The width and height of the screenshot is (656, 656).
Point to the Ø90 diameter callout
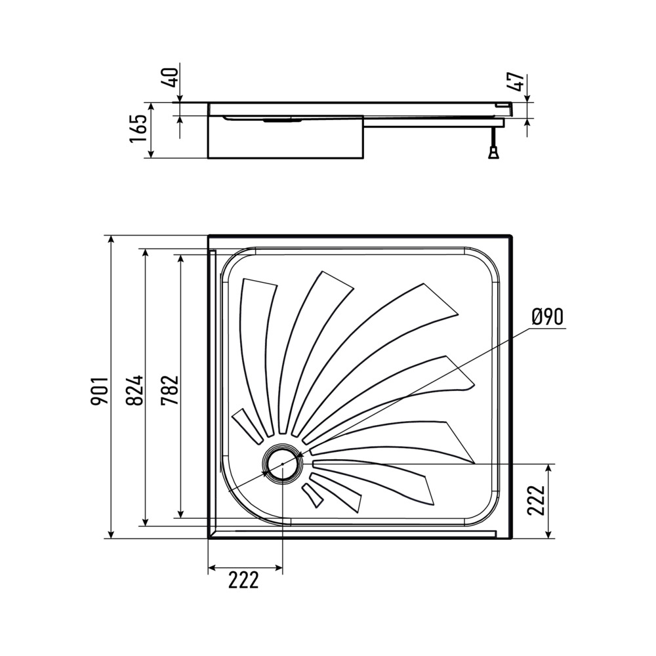coord(548,316)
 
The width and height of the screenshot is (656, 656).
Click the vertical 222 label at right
coord(536,501)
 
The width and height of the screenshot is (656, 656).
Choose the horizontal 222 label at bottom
coord(243,580)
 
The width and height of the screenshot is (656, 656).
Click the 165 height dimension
coord(139,129)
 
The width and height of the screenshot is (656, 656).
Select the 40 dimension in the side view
coord(171,77)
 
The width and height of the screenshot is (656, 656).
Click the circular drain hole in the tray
coord(282,464)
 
